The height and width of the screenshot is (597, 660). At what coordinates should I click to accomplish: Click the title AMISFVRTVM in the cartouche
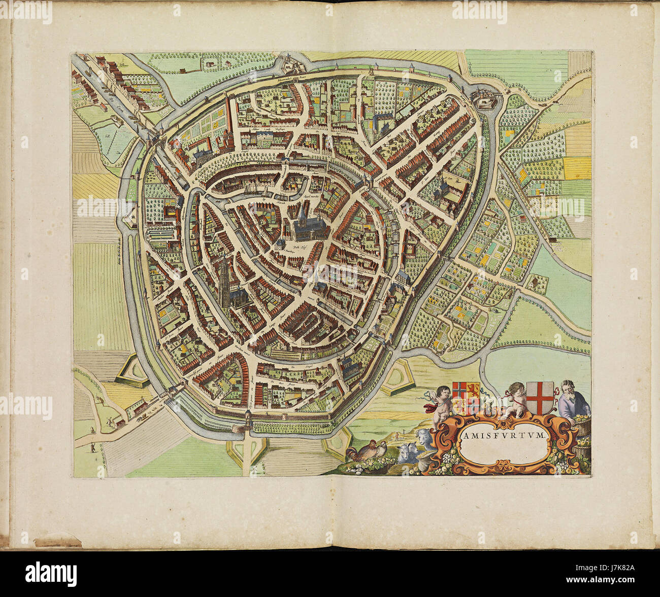(x=503, y=435)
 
